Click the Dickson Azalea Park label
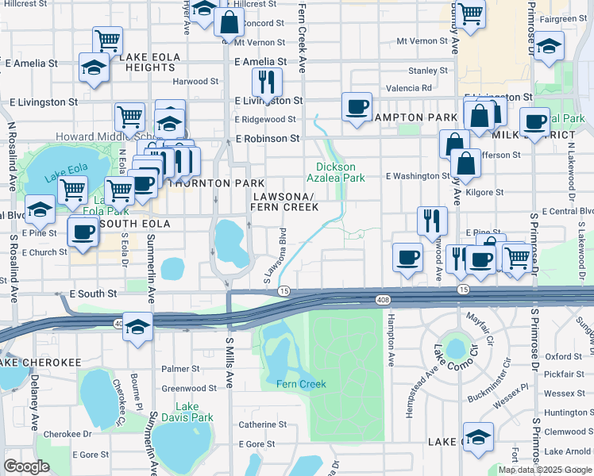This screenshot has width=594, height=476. tap(341, 172)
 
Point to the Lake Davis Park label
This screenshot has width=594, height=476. tap(183, 412)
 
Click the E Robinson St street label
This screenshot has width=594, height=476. tap(267, 139)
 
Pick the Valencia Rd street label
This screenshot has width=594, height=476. tap(409, 88)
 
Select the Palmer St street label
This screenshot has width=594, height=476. tap(180, 369)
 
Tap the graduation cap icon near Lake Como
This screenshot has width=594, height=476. tap(478, 436)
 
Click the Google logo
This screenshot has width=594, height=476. tap(26, 466)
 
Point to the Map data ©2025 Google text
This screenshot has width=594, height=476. tap(545, 470)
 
